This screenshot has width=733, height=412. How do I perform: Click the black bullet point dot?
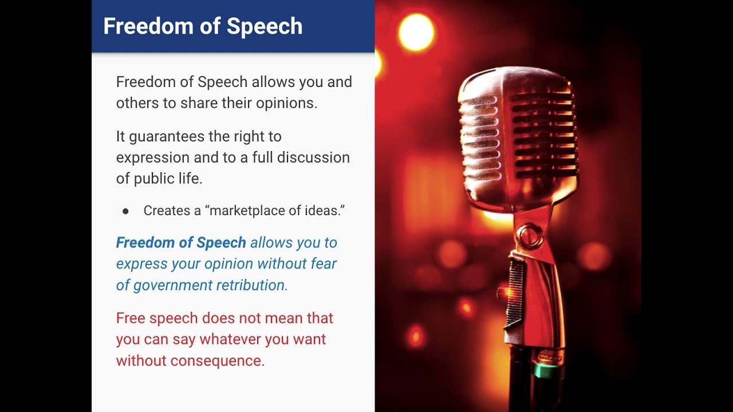click(x=125, y=211)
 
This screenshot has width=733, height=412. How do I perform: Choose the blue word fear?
click(x=323, y=264)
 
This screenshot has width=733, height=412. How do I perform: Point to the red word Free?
click(x=131, y=318)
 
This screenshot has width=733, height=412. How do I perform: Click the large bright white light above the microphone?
click(x=416, y=32)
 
